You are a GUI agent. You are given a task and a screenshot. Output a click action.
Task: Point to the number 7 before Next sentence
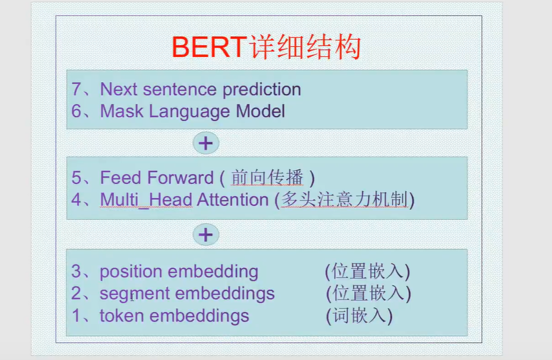77,90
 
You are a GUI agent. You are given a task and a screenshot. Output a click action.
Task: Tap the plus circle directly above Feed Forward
206,143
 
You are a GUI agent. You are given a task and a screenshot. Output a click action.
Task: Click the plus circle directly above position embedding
206,235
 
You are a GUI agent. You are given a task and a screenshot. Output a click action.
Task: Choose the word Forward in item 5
181,178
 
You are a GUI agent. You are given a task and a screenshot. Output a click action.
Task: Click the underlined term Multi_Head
146,200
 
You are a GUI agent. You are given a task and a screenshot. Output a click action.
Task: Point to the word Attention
233,200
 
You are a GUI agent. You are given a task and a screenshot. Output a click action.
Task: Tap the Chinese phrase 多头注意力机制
344,200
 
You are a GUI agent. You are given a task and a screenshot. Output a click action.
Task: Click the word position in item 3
131,272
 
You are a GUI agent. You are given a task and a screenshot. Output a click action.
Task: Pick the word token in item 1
122,316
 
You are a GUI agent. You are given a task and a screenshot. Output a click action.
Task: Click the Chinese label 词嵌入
359,316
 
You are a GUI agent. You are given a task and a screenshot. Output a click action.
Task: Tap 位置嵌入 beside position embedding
367,272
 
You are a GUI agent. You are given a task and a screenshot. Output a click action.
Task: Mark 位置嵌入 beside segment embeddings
369,294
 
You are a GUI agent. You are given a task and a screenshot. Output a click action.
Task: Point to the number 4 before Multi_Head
77,200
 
